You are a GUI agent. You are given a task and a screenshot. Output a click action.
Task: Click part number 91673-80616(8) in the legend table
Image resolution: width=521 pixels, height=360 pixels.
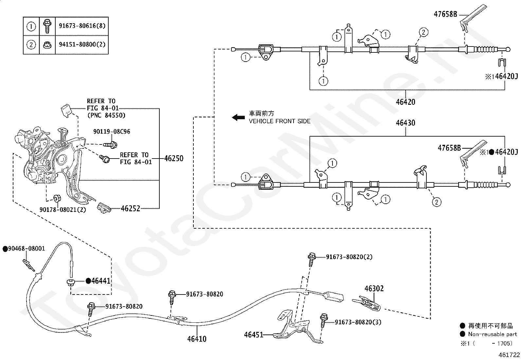pyautogui.click(x=82, y=26)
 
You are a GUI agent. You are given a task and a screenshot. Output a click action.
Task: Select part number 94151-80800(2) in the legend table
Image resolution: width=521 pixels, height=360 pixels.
pyautogui.click(x=82, y=44)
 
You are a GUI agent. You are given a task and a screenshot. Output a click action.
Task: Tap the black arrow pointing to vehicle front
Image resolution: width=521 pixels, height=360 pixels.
pyautogui.click(x=238, y=117)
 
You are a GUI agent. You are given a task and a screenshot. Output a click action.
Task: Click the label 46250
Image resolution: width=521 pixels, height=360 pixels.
pyautogui.click(x=174, y=159)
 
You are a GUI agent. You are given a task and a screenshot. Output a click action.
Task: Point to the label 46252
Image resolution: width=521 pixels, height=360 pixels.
pyautogui.click(x=131, y=208)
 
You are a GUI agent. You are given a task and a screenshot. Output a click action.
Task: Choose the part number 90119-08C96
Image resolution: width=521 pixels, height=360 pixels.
pyautogui.click(x=112, y=132)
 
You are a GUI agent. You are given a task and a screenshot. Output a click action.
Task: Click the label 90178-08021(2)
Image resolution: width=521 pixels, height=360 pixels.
pyautogui.click(x=63, y=210)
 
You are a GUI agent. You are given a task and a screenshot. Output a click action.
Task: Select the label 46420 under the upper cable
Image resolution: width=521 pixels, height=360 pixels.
pyautogui.click(x=405, y=102)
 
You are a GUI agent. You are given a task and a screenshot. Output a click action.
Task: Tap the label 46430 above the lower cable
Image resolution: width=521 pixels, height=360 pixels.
pyautogui.click(x=405, y=123)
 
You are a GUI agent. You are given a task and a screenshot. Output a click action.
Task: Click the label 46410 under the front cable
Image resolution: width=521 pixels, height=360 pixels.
pyautogui.click(x=197, y=339)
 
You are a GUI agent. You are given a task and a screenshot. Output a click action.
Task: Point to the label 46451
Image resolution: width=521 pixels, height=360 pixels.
pyautogui.click(x=254, y=335)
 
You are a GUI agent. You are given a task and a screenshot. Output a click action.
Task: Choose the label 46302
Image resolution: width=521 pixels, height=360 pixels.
pyautogui.click(x=374, y=289)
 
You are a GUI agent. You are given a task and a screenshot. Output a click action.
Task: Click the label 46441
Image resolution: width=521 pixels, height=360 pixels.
pyautogui.click(x=100, y=281)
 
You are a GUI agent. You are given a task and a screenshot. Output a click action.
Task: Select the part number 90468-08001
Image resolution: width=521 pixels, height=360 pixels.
pyautogui.click(x=27, y=249)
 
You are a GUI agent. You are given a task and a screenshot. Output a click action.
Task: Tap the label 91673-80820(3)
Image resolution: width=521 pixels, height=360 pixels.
pyautogui.click(x=358, y=322)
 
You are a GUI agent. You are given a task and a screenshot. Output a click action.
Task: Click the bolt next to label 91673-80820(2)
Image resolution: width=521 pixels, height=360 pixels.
pyautogui.click(x=312, y=260)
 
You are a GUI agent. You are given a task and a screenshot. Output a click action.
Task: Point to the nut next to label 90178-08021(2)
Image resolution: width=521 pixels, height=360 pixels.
pyautogui.click(x=57, y=199)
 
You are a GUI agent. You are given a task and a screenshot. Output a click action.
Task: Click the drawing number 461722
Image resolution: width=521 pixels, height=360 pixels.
pyautogui.click(x=509, y=355)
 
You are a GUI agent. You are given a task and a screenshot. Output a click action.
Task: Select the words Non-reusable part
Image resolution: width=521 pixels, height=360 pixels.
pyautogui.click(x=493, y=334)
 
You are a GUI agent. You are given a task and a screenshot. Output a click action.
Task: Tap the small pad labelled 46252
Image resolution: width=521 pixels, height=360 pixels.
pyautogui.click(x=104, y=208)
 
